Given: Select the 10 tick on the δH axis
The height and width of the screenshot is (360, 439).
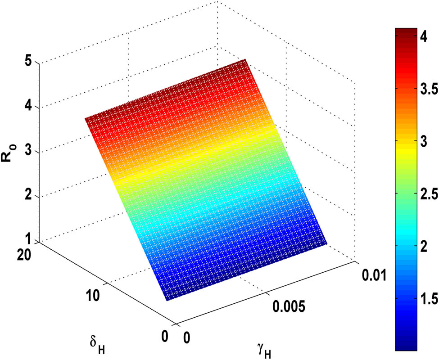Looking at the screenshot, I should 97,295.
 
